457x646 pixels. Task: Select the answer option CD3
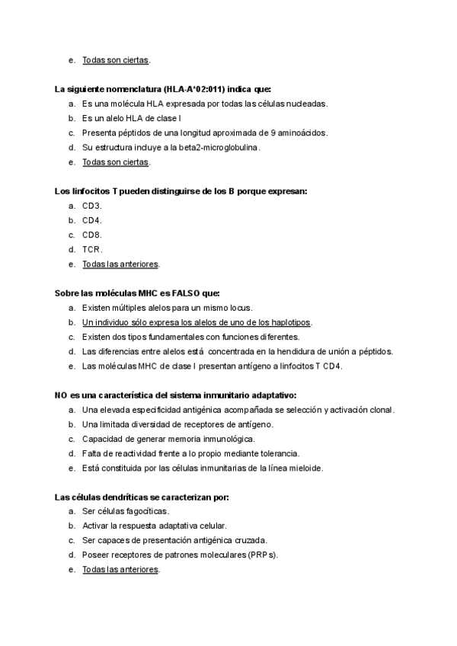coord(91,206)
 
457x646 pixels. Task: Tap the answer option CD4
coord(91,220)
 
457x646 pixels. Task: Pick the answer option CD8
coord(91,235)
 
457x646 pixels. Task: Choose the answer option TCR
coord(91,249)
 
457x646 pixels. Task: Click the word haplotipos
coord(290,322)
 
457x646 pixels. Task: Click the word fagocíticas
coord(147,511)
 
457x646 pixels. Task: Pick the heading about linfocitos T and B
coord(181,191)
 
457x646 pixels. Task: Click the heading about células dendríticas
coord(142,497)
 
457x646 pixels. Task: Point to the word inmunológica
coord(228,439)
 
